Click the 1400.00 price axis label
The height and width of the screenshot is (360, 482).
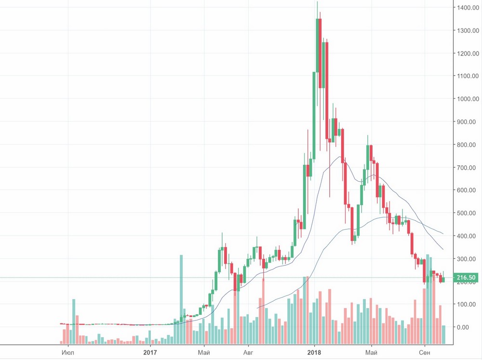(x=467, y=8)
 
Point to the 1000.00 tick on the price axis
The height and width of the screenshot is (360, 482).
(x=467, y=99)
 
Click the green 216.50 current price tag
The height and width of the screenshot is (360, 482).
(x=467, y=278)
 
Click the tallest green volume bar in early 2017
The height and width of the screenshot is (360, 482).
(x=181, y=299)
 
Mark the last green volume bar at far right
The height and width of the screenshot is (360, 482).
(x=443, y=334)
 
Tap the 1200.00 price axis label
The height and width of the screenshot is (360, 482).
(x=467, y=53)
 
